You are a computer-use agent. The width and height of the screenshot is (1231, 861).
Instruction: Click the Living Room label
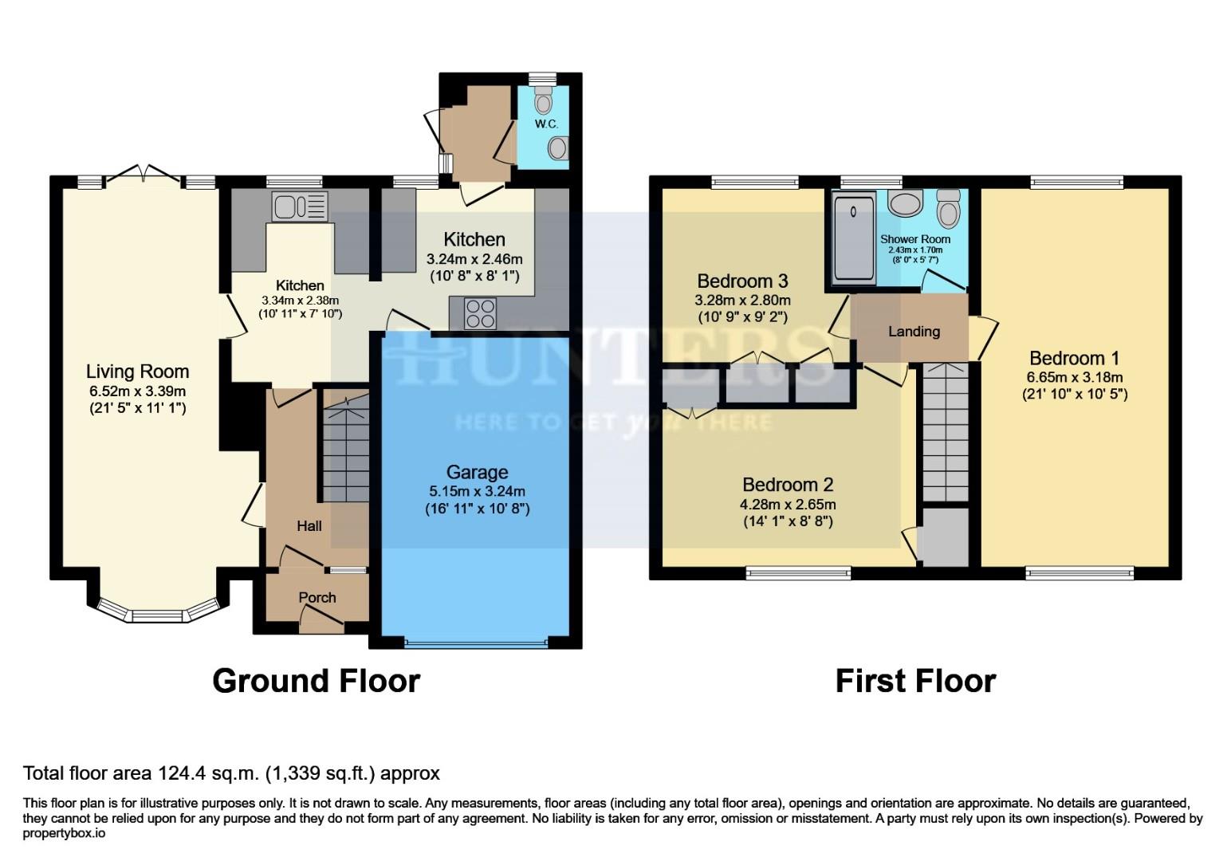point(137,372)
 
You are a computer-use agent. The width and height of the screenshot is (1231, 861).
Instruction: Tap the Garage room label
point(477,473)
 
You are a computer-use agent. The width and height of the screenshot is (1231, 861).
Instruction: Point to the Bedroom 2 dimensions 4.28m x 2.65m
point(788,505)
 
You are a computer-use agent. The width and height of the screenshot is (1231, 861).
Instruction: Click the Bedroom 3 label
point(742,281)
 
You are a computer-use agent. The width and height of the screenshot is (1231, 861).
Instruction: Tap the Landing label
point(914,332)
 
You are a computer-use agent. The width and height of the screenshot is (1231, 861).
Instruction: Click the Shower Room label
point(914,239)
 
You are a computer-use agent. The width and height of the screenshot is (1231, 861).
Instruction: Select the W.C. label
point(546,124)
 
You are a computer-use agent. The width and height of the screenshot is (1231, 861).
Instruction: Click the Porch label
point(317,597)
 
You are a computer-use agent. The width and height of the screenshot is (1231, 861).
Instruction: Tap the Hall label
point(309,525)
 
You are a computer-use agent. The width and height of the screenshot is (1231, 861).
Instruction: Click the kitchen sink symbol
point(300,206)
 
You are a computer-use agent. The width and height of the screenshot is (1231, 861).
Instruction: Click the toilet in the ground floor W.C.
point(543,100)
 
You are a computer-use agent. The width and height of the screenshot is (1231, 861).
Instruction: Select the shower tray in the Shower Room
point(853,238)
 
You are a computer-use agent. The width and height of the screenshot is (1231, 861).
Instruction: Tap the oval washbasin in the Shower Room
point(905,204)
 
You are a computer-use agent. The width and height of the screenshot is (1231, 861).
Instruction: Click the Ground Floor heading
point(316,681)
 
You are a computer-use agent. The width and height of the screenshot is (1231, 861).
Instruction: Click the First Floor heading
point(915,681)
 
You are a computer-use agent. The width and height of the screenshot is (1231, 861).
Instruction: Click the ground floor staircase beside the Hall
point(347,451)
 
